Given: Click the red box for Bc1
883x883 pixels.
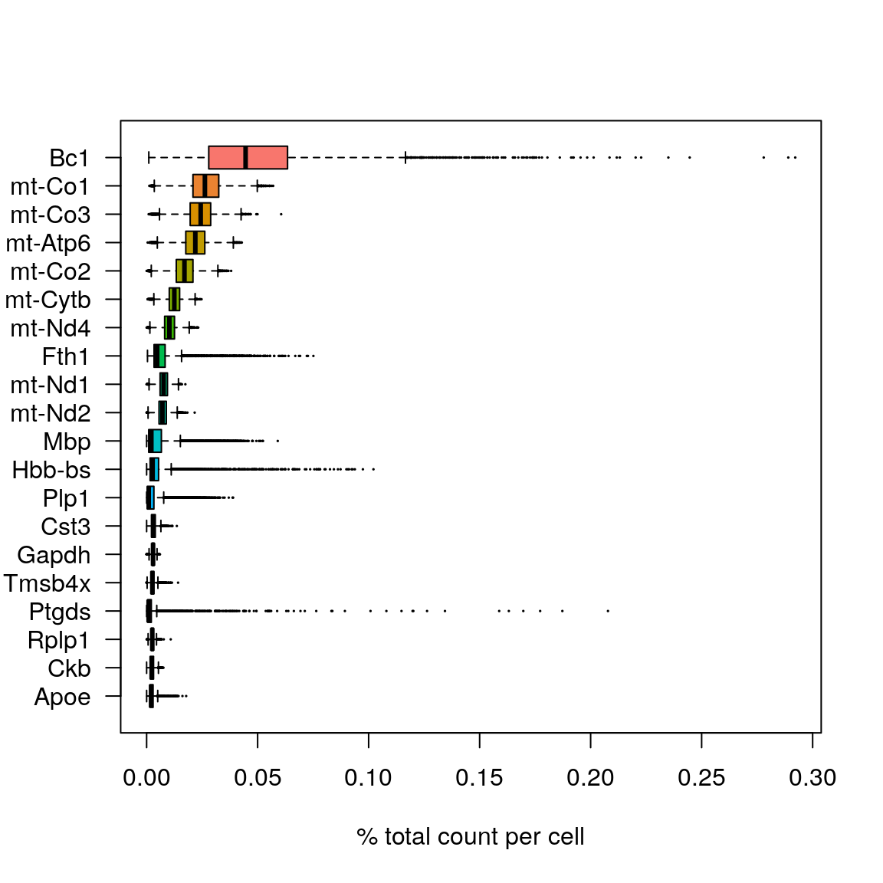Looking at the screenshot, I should point(264,157).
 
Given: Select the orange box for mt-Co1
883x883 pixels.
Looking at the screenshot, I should point(212,185).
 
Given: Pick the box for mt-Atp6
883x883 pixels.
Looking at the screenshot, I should point(190,243).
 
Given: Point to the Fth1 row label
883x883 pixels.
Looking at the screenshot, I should point(66,356).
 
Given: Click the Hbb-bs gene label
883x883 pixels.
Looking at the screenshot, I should point(51,470).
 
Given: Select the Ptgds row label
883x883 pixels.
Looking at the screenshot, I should point(60,612).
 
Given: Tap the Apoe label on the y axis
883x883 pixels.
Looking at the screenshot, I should point(62,697).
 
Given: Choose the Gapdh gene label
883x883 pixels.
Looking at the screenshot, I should point(54,555).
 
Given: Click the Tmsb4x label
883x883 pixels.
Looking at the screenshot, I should point(48,583).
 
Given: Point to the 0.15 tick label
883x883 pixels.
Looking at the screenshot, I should point(479,778).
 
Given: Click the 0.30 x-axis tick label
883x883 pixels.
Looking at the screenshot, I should point(812,778).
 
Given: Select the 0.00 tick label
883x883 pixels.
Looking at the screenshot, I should point(146,778).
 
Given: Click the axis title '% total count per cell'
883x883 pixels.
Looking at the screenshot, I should point(470,836).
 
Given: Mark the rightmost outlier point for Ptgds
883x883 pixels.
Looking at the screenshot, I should point(608,611).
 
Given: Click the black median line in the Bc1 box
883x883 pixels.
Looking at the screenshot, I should point(245,157).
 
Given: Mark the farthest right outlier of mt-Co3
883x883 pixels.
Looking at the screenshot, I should point(281,215).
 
